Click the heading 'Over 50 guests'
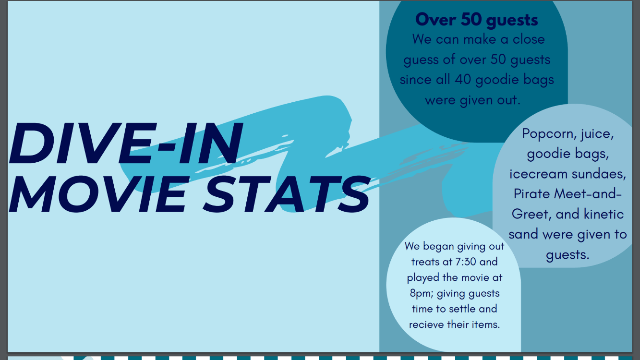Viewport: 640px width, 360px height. click(477, 20)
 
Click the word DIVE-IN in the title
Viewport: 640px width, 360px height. click(126, 143)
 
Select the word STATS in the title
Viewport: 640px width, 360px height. click(287, 194)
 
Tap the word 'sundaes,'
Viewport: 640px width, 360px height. click(599, 174)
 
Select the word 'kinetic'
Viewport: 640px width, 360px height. click(604, 214)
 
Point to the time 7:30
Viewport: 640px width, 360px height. click(462, 262)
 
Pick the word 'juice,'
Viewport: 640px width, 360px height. click(598, 134)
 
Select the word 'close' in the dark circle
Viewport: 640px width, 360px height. click(529, 39)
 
